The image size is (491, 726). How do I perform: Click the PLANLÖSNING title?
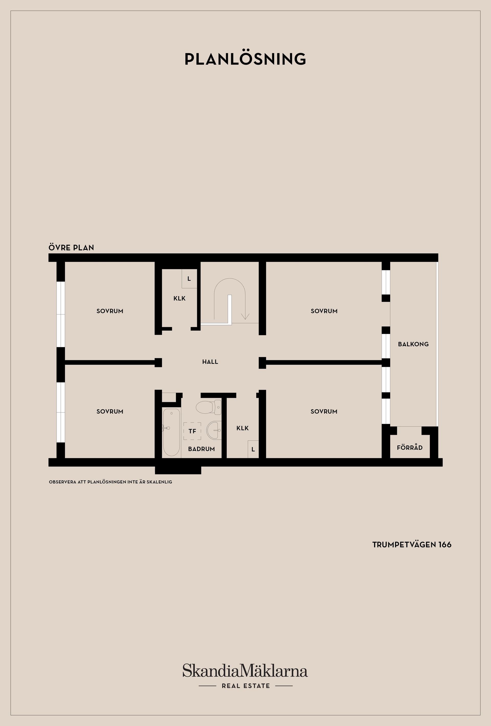245,59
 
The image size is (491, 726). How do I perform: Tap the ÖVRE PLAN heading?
71,248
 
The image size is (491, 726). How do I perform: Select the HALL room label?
210,362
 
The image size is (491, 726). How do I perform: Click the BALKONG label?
413,344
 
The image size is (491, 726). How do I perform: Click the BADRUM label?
202,449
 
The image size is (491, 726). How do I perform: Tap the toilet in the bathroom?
208,407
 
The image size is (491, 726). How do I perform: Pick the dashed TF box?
192,431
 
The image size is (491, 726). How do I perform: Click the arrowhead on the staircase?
245,316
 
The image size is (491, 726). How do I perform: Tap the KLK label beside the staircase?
180,298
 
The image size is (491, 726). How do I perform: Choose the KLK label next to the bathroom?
243,428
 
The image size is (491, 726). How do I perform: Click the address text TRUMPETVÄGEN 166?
412,544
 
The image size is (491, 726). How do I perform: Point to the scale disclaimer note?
110,482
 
